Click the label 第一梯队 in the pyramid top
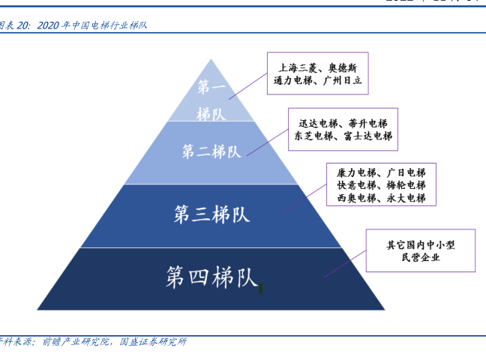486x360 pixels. pyautogui.click(x=211, y=100)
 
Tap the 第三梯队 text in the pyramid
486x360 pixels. pyautogui.click(x=211, y=213)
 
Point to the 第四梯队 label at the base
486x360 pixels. pyautogui.click(x=211, y=277)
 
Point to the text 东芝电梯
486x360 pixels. pyautogui.click(x=313, y=136)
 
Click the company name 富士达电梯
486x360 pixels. pyautogui.click(x=367, y=136)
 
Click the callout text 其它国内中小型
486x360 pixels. pyautogui.click(x=419, y=244)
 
